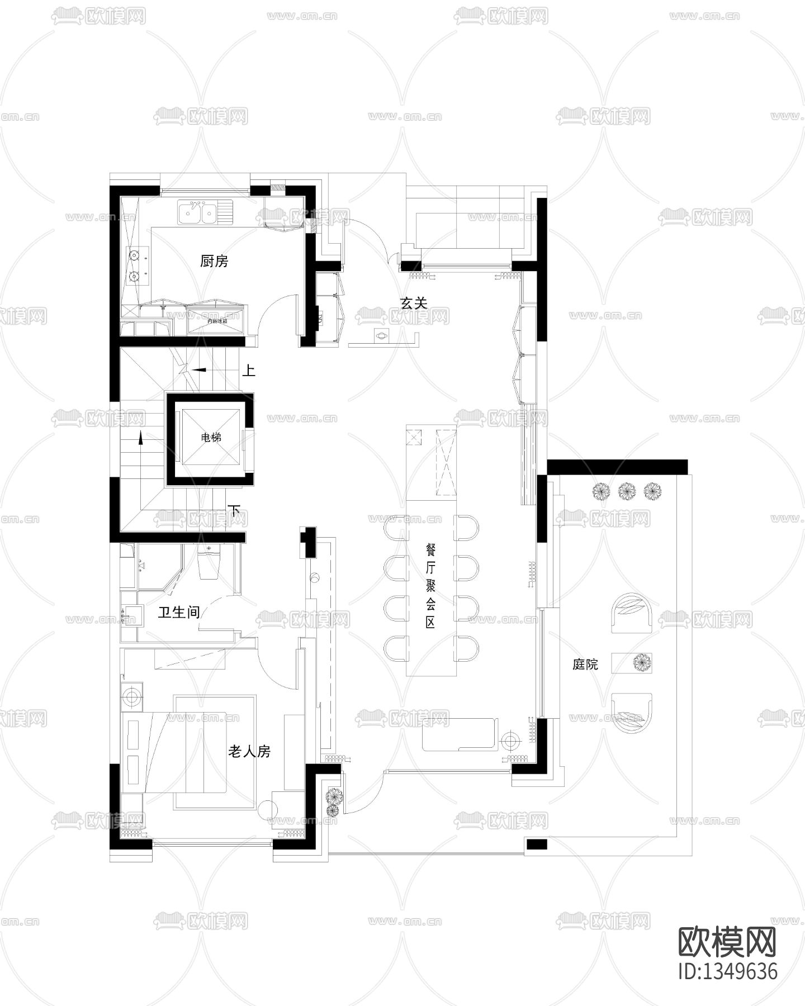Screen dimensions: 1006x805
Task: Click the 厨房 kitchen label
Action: [214, 261]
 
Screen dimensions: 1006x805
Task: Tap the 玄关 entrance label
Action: [414, 303]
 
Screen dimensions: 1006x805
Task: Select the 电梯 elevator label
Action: [211, 438]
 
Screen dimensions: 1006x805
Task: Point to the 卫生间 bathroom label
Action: [179, 613]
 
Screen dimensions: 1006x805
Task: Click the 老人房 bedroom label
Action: [249, 752]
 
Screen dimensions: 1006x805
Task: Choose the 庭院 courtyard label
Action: [585, 664]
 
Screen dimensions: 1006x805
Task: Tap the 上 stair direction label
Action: [249, 371]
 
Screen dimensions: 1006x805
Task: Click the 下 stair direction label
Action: [235, 510]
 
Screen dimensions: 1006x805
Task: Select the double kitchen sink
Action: [198, 212]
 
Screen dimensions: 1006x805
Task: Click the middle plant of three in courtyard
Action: [627, 491]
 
